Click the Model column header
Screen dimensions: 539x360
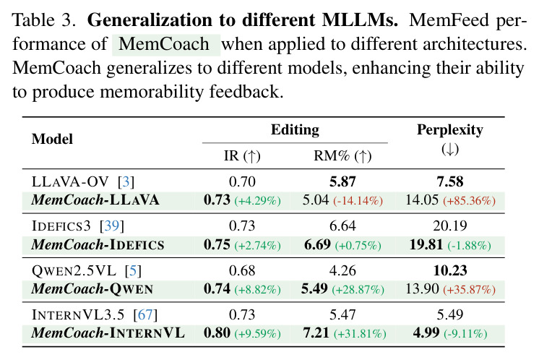tap(52, 140)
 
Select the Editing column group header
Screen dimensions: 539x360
tap(295, 130)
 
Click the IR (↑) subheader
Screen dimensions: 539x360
tap(242, 156)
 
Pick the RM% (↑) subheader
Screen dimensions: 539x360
tap(342, 156)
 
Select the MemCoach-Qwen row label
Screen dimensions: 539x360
tap(92, 289)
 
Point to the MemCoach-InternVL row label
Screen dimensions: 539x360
tap(108, 333)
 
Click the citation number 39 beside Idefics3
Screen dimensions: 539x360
tap(112, 226)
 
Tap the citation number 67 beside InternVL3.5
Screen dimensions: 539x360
tap(145, 314)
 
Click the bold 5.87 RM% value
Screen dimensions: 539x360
tap(342, 181)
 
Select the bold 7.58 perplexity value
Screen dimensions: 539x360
tap(450, 181)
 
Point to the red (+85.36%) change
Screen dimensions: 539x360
tap(469, 200)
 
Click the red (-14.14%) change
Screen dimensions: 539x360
tap(358, 200)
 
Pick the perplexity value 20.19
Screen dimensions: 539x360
tap(450, 226)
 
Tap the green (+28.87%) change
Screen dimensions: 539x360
tap(358, 289)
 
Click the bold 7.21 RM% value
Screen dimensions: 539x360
tap(316, 333)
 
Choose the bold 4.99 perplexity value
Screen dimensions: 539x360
tap(426, 333)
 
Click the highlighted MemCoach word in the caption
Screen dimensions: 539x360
tap(164, 44)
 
